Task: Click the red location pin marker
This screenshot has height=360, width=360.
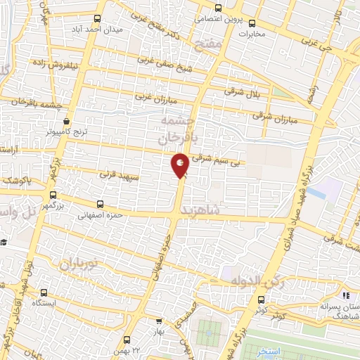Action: [x=180, y=166]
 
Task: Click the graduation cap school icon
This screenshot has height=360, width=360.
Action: [x=4, y=242]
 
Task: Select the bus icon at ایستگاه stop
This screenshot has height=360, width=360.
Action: [x=44, y=292]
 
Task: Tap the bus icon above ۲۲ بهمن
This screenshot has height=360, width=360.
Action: [x=124, y=339]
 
